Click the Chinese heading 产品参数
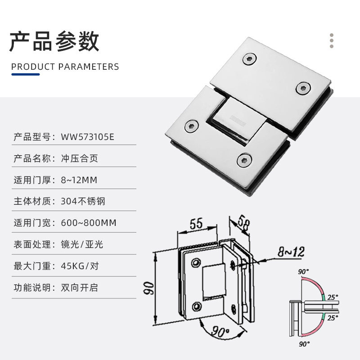(54, 41)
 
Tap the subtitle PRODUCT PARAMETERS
(65, 67)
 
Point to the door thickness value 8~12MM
(79, 180)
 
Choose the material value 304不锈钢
(83, 201)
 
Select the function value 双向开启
(79, 288)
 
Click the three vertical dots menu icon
(332, 40)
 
